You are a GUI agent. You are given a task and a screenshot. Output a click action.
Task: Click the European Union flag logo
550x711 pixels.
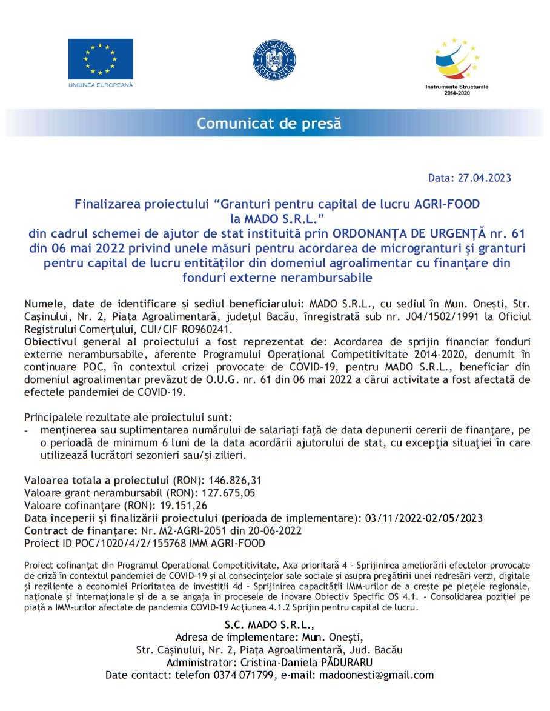pyautogui.click(x=100, y=59)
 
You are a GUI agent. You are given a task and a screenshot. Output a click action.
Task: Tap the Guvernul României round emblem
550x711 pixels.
pyautogui.click(x=274, y=59)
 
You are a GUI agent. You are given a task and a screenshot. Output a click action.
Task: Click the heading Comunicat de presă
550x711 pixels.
pyautogui.click(x=269, y=124)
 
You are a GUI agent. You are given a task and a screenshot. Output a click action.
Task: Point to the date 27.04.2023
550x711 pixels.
pyautogui.click(x=483, y=178)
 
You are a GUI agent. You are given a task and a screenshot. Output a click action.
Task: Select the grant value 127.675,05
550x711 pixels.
pyautogui.click(x=225, y=493)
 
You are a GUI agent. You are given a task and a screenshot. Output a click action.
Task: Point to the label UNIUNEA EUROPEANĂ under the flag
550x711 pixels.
pyautogui.click(x=100, y=85)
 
